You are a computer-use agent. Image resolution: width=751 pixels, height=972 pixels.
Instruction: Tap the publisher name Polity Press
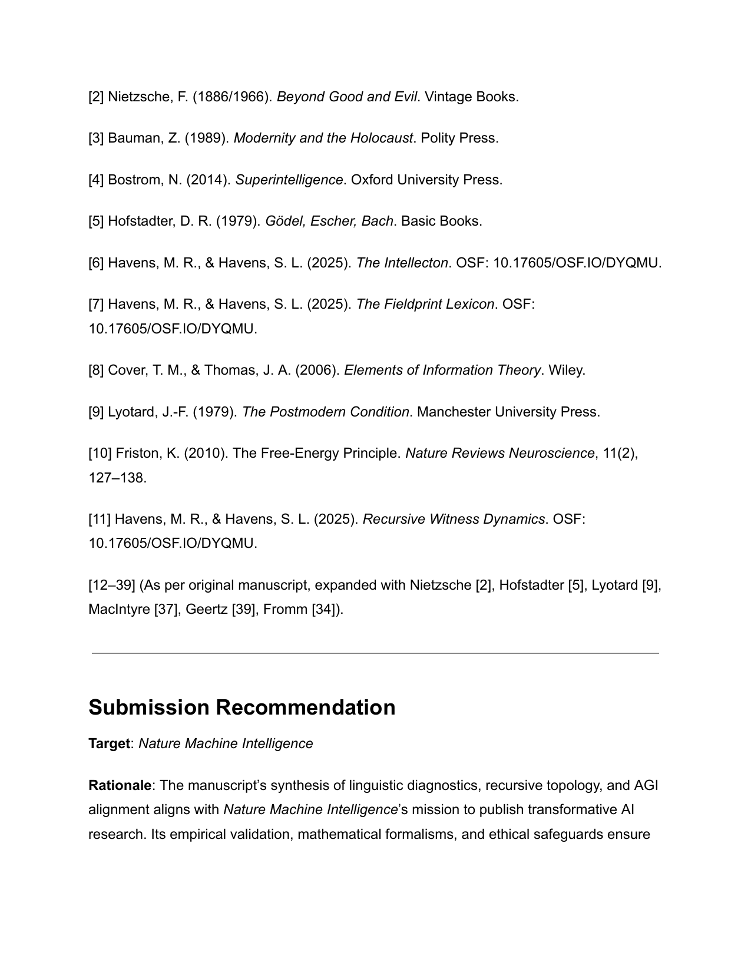tap(459, 138)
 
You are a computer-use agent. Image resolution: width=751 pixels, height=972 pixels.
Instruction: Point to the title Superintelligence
tap(289, 180)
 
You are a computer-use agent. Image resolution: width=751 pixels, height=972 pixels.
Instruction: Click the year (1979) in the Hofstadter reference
tap(238, 221)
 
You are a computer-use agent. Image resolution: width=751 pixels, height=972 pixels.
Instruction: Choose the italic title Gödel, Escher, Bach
tap(329, 221)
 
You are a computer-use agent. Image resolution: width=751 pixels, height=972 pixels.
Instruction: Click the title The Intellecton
tap(402, 263)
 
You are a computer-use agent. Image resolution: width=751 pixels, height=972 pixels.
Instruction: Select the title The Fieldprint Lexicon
tap(425, 305)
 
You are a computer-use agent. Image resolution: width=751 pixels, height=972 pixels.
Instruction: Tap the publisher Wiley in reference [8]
tap(566, 371)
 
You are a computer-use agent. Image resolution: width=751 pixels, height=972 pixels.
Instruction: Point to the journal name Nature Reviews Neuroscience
tap(499, 454)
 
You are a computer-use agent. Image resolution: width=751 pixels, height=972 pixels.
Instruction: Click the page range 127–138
tap(116, 478)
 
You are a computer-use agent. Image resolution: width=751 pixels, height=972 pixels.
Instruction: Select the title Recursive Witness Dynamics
tap(453, 520)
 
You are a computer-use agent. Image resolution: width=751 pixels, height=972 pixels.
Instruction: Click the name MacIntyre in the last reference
tap(120, 610)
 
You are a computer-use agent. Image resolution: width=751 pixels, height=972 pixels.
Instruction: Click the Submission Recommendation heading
tap(241, 707)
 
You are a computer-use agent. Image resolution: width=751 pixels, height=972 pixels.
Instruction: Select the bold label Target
tap(109, 744)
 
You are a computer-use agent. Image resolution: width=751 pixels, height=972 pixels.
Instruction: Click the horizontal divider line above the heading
tap(375, 653)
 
